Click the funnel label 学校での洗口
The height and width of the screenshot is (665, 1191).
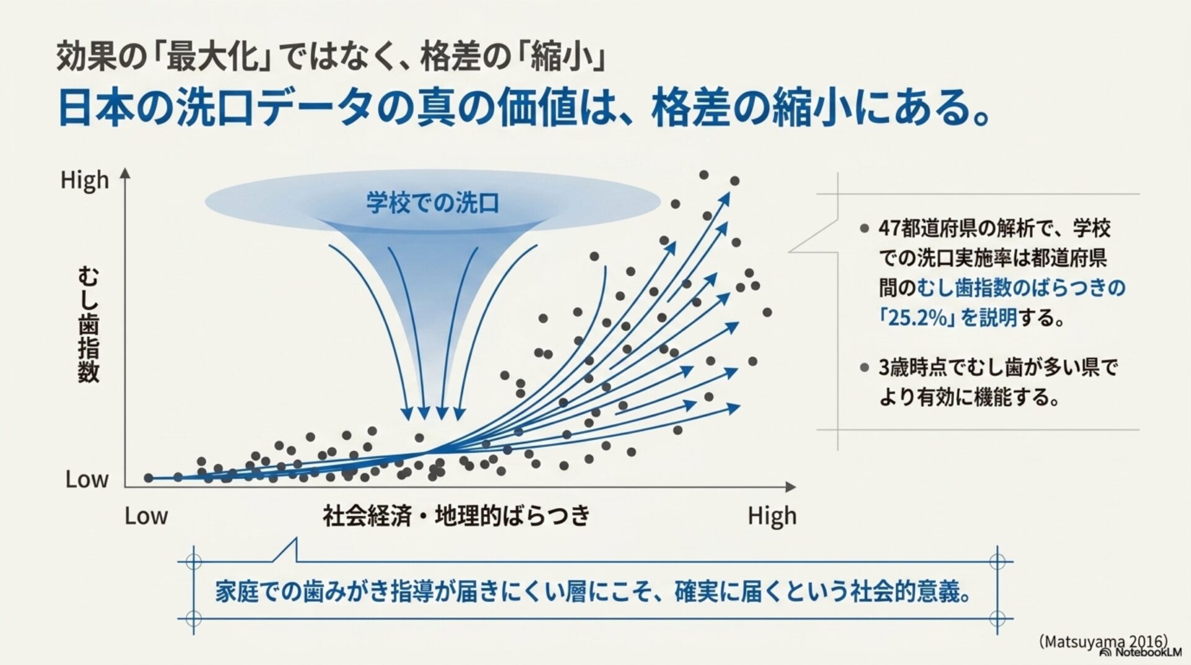point(432,203)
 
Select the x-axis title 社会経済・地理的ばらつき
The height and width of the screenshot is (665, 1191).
point(456,515)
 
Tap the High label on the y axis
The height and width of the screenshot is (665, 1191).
point(84,180)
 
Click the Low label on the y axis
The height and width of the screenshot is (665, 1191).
point(87,480)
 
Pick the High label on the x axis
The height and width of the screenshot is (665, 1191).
point(772,516)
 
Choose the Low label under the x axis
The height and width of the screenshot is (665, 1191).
point(146,516)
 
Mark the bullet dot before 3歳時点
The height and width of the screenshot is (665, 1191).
point(864,368)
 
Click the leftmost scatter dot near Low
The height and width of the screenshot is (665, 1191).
point(148,478)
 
